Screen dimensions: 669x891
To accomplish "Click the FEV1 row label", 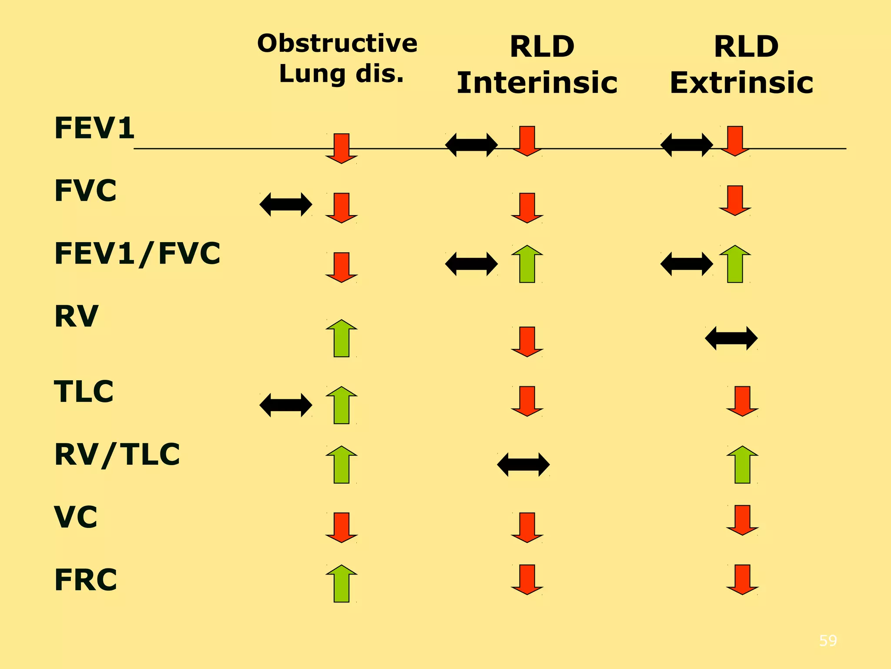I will (94, 128).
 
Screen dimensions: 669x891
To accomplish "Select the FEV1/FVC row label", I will (137, 254).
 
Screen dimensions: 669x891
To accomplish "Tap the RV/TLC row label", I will (117, 455).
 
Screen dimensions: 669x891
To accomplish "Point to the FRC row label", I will (86, 580).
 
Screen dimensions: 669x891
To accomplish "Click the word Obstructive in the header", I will (337, 44).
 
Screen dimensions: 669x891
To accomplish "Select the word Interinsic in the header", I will (537, 83).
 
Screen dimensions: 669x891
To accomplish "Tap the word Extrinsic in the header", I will (741, 83).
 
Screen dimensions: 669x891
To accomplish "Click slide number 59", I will (827, 641).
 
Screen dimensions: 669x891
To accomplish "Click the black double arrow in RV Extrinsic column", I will (731, 338).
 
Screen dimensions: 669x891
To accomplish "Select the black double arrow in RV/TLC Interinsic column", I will (523, 464).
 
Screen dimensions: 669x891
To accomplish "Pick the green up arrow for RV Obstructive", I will (342, 338).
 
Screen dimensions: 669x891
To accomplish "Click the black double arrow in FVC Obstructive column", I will (285, 204).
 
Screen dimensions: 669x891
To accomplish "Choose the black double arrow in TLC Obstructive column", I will (285, 405).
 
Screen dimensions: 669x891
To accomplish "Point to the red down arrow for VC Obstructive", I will (342, 527).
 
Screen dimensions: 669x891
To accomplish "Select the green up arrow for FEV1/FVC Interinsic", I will (527, 264).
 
